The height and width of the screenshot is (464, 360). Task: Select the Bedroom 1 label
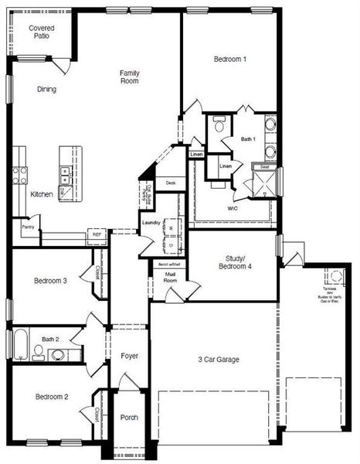230,59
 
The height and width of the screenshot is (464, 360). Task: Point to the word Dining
46,89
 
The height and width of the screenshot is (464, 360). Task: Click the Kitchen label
42,194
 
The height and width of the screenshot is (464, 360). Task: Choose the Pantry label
28,227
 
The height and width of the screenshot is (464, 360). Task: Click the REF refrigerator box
97,233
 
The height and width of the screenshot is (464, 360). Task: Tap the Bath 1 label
248,139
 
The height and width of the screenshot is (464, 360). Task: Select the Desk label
171,183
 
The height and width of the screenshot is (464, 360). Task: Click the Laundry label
151,223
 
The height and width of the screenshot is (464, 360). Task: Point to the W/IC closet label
233,209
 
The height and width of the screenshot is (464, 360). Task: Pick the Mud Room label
170,277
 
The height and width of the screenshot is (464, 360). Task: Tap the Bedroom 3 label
51,281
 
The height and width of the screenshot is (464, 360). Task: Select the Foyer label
130,356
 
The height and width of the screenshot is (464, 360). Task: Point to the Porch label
129,418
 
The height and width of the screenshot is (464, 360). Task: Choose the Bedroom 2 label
51,397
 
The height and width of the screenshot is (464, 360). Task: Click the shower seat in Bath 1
264,166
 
